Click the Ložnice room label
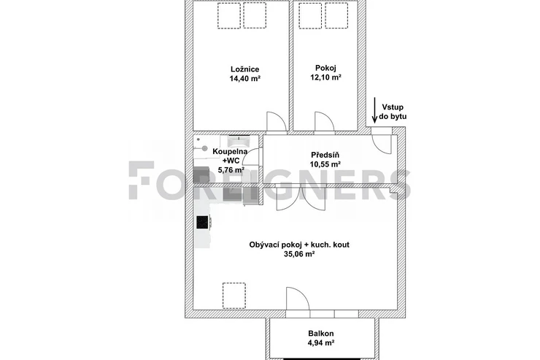point(244,69)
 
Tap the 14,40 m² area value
point(244,79)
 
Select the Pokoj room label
point(325,68)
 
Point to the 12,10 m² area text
point(325,77)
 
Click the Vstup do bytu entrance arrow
point(374,110)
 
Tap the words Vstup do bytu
point(393,112)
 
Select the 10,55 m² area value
point(325,164)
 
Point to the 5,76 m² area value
point(231,170)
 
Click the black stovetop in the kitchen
point(202,222)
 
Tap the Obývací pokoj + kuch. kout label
point(299,245)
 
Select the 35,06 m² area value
point(299,254)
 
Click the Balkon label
point(321,334)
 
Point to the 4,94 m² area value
point(321,342)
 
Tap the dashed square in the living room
point(234,296)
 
